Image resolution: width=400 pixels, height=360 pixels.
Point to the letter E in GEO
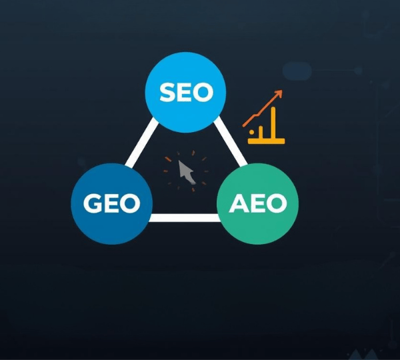tap(111, 203)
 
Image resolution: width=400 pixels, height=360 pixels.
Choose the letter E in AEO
tap(257, 203)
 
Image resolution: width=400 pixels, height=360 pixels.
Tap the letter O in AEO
tap(276, 203)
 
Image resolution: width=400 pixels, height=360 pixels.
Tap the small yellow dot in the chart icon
tap(251, 133)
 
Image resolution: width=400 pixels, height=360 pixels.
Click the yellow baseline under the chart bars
tap(267, 141)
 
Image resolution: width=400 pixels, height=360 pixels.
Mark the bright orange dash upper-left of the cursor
tap(168, 159)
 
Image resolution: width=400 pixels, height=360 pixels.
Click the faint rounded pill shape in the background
tap(297, 70)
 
